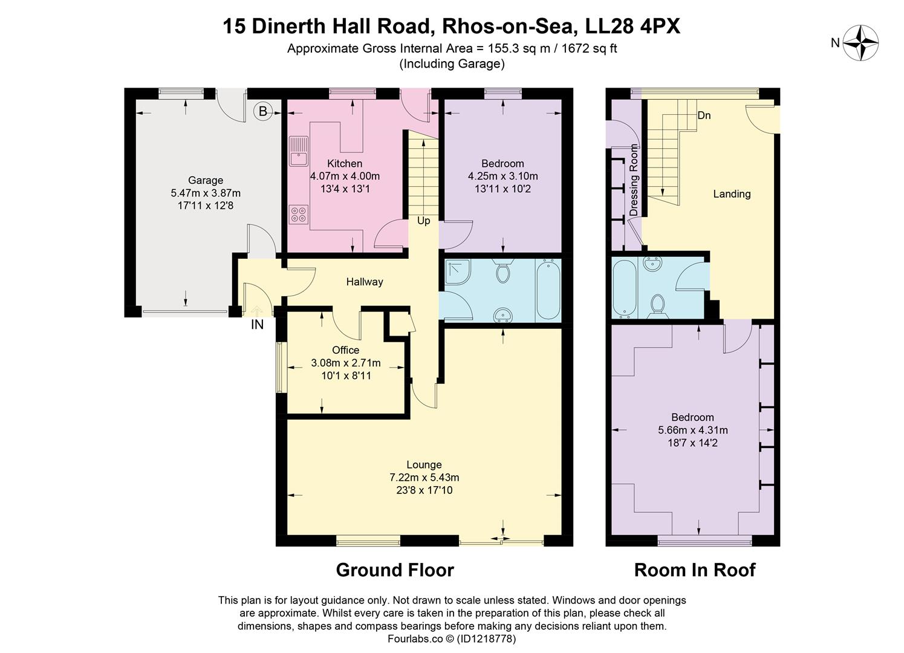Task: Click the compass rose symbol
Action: tap(860, 43)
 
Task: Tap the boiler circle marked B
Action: tap(262, 111)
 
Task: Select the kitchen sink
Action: tap(298, 151)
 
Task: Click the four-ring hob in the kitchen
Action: tap(298, 214)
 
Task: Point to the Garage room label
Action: tap(206, 180)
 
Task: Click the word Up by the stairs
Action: tap(423, 221)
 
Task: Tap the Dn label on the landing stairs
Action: tap(704, 115)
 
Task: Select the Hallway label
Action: tap(365, 282)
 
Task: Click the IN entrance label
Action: tap(258, 325)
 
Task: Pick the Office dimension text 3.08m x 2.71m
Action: tap(346, 363)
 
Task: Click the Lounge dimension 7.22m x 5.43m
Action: tap(424, 477)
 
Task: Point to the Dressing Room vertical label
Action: tap(634, 180)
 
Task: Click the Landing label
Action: tap(732, 194)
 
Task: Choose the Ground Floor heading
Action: tap(395, 570)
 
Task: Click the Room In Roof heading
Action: tap(695, 570)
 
